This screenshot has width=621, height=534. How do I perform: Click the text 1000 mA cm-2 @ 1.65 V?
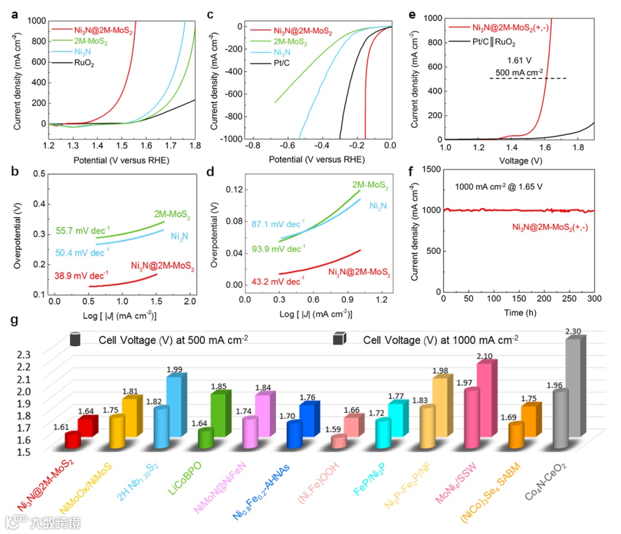pyautogui.click(x=495, y=187)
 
